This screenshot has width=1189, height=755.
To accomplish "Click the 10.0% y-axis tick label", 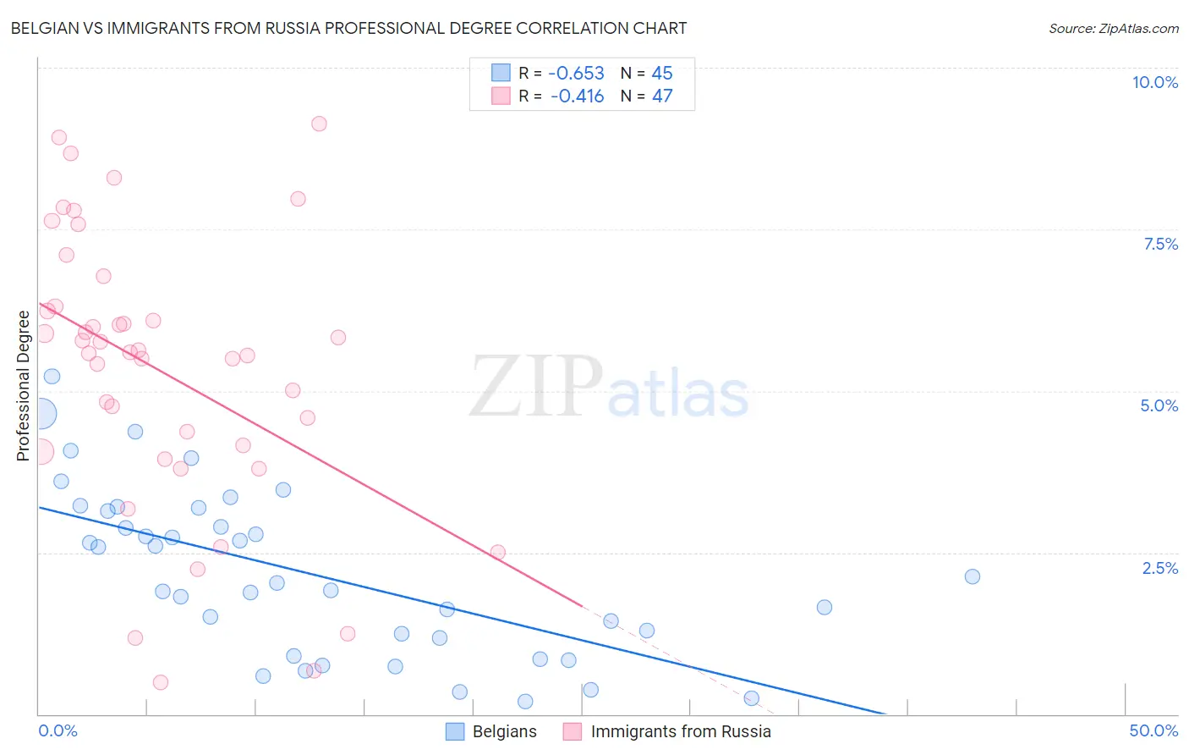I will click(x=1154, y=82).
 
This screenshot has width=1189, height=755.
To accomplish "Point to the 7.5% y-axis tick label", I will click(x=1160, y=244).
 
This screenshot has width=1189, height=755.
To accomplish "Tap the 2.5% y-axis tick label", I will click(x=1160, y=568).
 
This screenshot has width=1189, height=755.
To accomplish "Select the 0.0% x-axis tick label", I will click(x=58, y=730).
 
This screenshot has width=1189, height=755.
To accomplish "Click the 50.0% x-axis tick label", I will click(x=1153, y=730).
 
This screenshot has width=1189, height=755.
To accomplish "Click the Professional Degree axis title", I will click(x=23, y=386).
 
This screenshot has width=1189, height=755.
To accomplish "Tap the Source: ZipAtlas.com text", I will click(x=1113, y=29).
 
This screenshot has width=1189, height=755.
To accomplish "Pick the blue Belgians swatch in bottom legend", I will click(x=455, y=731).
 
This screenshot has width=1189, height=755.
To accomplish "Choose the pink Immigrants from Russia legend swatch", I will click(x=573, y=731).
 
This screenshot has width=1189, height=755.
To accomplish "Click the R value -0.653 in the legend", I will click(x=577, y=74).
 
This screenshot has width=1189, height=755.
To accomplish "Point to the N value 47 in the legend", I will click(x=662, y=96).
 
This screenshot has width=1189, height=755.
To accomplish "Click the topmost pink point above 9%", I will click(x=319, y=124).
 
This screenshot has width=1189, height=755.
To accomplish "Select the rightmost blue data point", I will click(x=973, y=576).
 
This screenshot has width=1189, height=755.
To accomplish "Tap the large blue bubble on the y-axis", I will click(x=40, y=414).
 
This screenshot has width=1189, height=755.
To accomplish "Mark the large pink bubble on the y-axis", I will click(x=40, y=452).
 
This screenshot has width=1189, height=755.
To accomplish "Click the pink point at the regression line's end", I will click(x=498, y=552).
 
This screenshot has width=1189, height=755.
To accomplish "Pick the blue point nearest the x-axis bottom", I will click(x=525, y=701).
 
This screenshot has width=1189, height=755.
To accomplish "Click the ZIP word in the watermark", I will click(x=536, y=388).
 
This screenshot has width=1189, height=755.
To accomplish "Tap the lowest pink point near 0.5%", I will click(x=161, y=682).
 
